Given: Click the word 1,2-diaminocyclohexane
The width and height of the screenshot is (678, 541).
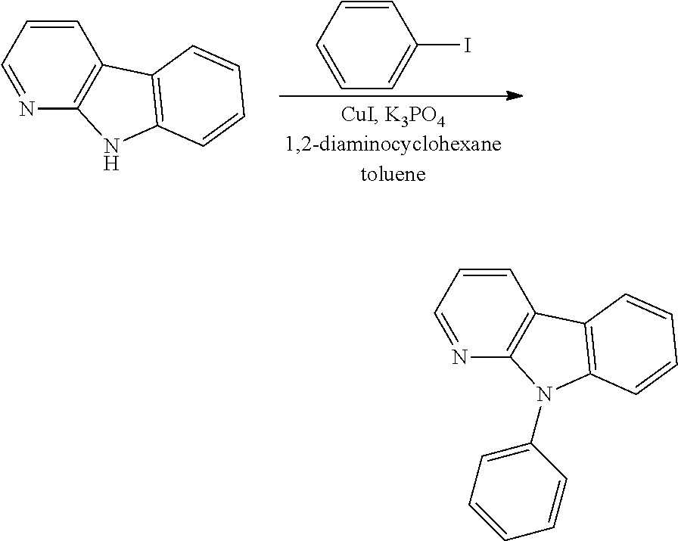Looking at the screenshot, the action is [x=393, y=145].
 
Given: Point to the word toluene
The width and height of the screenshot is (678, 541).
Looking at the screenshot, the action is [x=393, y=174].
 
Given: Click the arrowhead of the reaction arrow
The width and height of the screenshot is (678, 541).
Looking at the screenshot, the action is [x=514, y=95].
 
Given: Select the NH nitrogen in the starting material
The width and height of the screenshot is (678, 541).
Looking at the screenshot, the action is [x=111, y=147].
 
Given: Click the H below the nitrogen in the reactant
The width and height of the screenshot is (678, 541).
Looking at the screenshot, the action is [x=111, y=164].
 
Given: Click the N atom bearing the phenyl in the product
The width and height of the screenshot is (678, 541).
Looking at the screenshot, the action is [x=543, y=395].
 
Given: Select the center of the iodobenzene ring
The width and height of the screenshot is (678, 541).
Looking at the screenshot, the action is [x=368, y=45].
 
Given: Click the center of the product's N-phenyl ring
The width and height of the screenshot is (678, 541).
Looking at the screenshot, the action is [x=518, y=492].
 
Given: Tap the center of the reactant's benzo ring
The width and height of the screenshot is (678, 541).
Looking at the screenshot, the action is [x=198, y=95].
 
